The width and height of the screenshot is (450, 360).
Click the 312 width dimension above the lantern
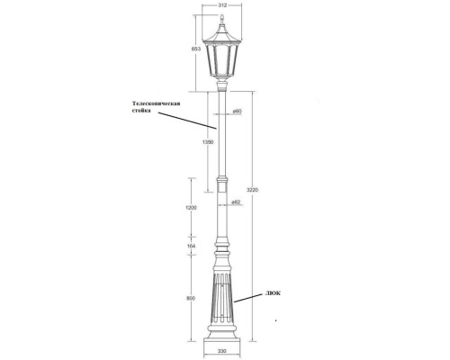click(221, 5)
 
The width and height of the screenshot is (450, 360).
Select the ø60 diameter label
click(235, 111)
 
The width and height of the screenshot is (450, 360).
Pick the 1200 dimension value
click(192, 209)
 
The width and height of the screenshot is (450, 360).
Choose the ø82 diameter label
click(235, 200)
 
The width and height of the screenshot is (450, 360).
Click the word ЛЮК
click(271, 293)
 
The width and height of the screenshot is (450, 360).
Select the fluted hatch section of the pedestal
click(221, 301)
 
